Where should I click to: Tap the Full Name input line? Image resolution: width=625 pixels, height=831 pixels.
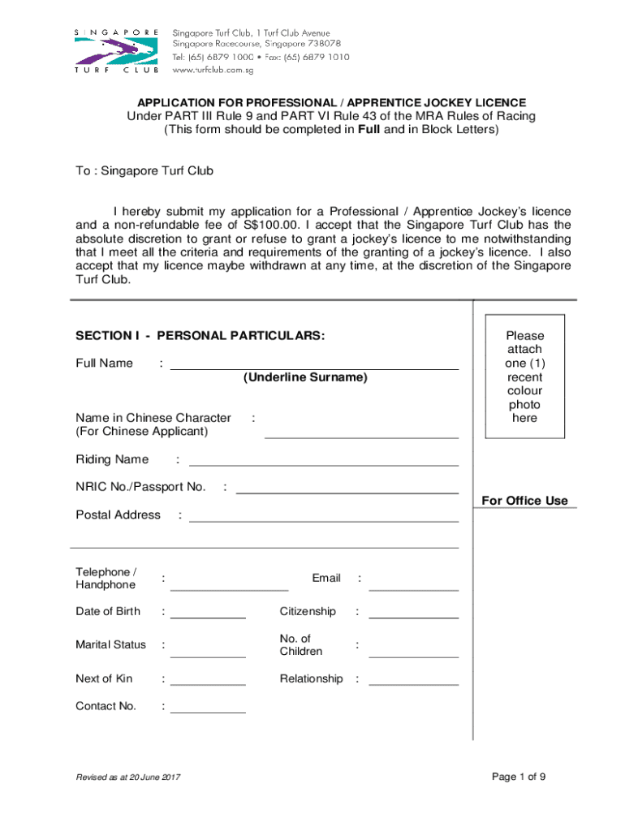[313, 364]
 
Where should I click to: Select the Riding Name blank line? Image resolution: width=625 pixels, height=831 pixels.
[323, 461]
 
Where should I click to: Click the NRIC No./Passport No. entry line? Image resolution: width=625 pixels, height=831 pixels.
[347, 489]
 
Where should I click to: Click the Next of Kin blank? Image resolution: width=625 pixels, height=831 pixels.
[208, 681]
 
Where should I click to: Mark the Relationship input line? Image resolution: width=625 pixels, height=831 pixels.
[413, 681]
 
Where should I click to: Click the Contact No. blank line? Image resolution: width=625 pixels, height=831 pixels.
[208, 708]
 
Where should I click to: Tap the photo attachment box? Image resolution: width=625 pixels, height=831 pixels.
[524, 377]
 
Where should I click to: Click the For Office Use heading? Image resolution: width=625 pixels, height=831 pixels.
[524, 501]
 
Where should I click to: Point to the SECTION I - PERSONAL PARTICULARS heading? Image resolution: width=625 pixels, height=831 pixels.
[200, 335]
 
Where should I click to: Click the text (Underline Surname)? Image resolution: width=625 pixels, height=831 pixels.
[305, 377]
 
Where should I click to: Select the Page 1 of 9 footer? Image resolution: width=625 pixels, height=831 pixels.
[519, 777]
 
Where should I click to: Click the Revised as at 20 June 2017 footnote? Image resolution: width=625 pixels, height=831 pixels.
[127, 777]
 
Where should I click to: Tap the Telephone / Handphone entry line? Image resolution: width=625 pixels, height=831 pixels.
[229, 584]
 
